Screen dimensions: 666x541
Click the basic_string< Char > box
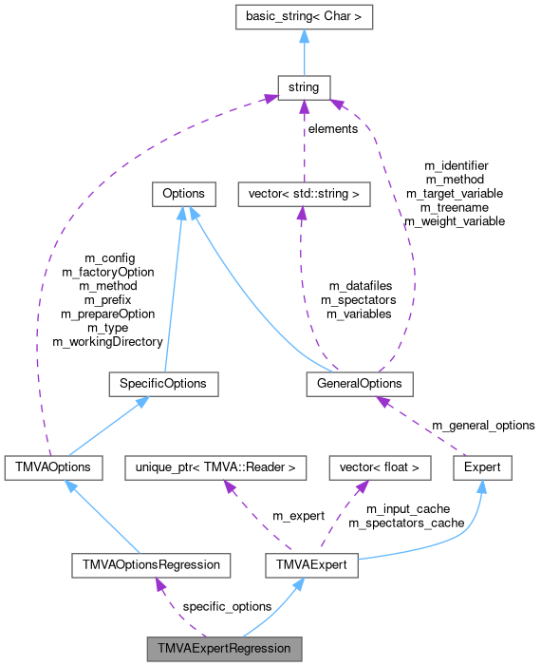pos(303,17)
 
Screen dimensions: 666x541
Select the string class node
pos(303,87)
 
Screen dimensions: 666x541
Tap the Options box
pos(183,194)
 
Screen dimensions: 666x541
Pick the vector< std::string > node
pos(303,194)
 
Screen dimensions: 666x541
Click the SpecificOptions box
pos(163,384)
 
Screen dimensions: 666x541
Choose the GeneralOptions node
pos(360,384)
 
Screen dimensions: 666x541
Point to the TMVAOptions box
pos(47,467)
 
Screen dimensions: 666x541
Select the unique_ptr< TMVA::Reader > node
pos(215,467)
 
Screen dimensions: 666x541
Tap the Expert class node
pos(483,467)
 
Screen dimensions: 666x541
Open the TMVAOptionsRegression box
pos(151,564)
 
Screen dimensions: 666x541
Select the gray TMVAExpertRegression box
pos(224,650)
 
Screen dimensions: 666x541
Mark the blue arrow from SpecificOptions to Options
pos(174,285)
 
